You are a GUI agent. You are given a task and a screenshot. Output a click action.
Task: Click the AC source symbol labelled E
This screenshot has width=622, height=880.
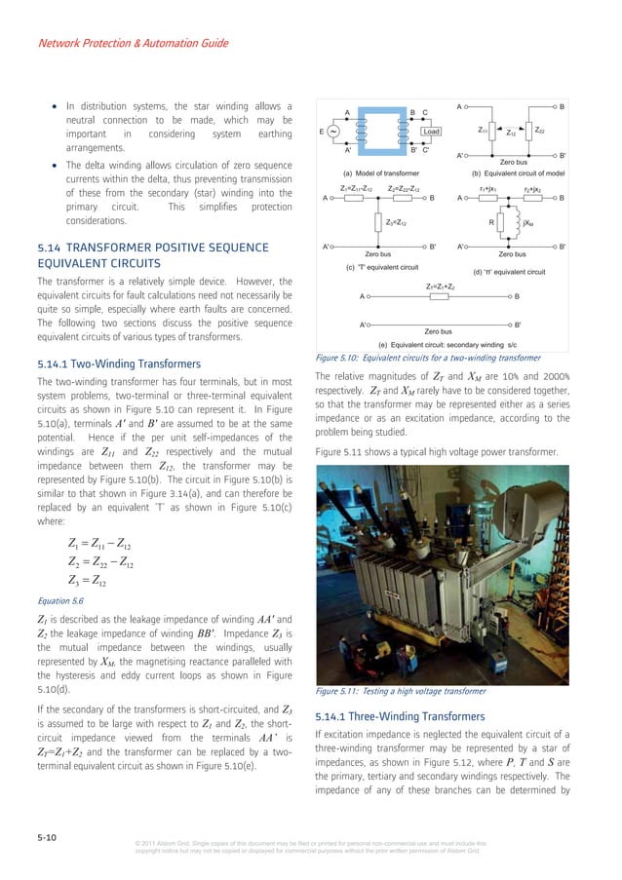point(334,131)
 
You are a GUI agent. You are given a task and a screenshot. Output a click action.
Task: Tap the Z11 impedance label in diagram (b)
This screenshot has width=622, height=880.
point(484,129)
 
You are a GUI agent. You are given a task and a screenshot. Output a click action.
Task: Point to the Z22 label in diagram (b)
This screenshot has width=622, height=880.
point(540,129)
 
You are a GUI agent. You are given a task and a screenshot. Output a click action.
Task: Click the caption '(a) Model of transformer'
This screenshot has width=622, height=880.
point(374,172)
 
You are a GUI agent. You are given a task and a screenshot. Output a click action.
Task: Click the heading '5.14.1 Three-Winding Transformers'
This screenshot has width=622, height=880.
point(392,716)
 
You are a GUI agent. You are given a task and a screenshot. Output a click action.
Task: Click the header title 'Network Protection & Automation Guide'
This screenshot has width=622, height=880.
point(133,43)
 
